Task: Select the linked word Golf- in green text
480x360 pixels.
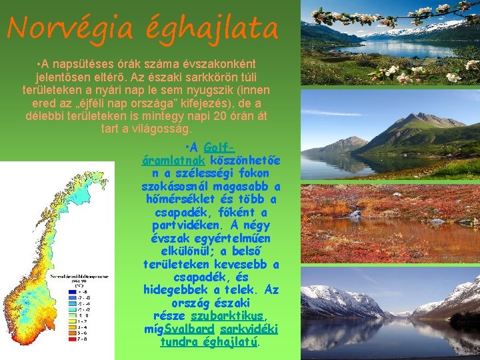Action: [218, 147]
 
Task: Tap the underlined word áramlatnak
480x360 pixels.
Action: [174, 160]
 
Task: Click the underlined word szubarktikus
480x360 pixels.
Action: [229, 315]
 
